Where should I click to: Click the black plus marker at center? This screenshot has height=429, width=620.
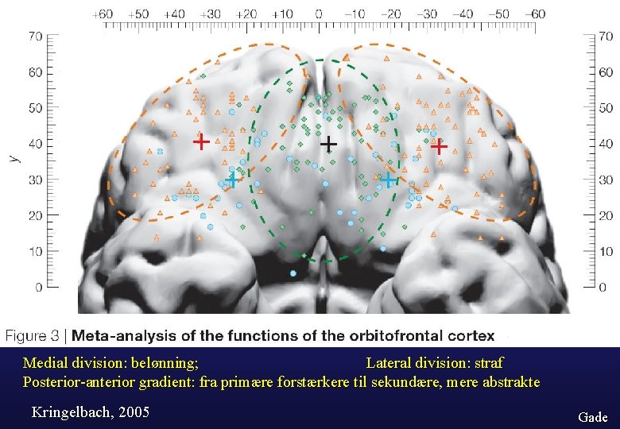(x=328, y=144)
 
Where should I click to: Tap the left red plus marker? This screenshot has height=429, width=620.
(x=202, y=142)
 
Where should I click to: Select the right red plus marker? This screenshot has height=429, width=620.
(x=438, y=146)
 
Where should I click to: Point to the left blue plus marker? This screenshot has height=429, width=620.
(x=231, y=180)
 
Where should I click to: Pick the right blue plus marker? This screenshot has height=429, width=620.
(x=387, y=180)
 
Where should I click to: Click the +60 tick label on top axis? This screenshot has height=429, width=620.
(x=103, y=14)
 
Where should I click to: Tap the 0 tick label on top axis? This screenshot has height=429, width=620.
(x=319, y=14)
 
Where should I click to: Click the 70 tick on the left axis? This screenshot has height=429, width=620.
(x=36, y=37)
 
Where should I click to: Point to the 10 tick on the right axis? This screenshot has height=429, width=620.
(x=605, y=252)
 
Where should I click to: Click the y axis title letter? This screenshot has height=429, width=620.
(x=13, y=158)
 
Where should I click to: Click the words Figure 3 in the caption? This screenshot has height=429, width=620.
(x=36, y=336)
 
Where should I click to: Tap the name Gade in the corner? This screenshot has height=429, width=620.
(x=592, y=417)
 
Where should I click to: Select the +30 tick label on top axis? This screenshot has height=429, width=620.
(x=211, y=14)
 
